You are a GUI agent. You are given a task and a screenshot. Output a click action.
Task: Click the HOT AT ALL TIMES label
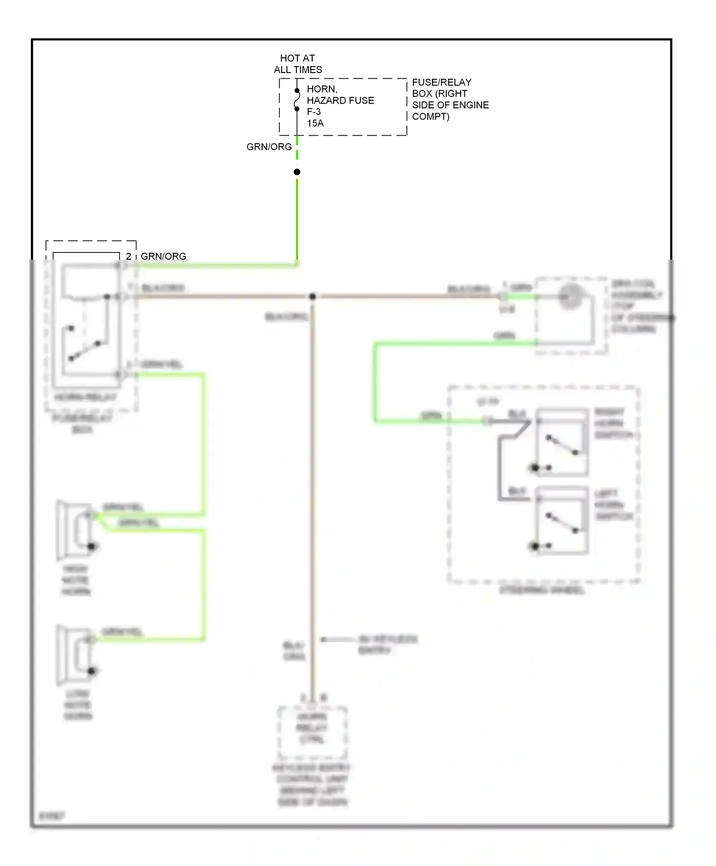[297, 64]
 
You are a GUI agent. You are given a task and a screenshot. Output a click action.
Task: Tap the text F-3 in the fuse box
[314, 112]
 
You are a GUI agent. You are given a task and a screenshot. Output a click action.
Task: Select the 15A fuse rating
[315, 123]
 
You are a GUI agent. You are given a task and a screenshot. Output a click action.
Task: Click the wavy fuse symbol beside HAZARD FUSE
[297, 100]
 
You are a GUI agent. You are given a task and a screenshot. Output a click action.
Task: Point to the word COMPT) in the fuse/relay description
[431, 116]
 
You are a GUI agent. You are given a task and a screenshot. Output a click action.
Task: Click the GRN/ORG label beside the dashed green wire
[269, 147]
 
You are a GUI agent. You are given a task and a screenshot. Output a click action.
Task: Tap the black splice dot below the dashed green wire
[297, 172]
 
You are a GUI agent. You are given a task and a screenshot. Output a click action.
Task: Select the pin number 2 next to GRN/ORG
[128, 256]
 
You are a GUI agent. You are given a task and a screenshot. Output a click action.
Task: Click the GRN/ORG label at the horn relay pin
[163, 256]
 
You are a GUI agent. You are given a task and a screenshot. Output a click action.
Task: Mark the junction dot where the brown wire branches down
[313, 296]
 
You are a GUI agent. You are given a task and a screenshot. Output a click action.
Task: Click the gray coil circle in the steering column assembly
[571, 296]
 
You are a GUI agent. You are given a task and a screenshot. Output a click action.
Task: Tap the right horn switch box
[562, 442]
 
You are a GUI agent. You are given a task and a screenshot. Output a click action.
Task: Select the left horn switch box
[562, 520]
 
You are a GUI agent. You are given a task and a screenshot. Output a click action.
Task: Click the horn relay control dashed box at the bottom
[312, 732]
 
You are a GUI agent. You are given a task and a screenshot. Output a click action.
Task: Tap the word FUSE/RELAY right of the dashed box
[442, 82]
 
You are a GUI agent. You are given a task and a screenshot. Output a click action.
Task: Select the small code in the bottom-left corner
[52, 815]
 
